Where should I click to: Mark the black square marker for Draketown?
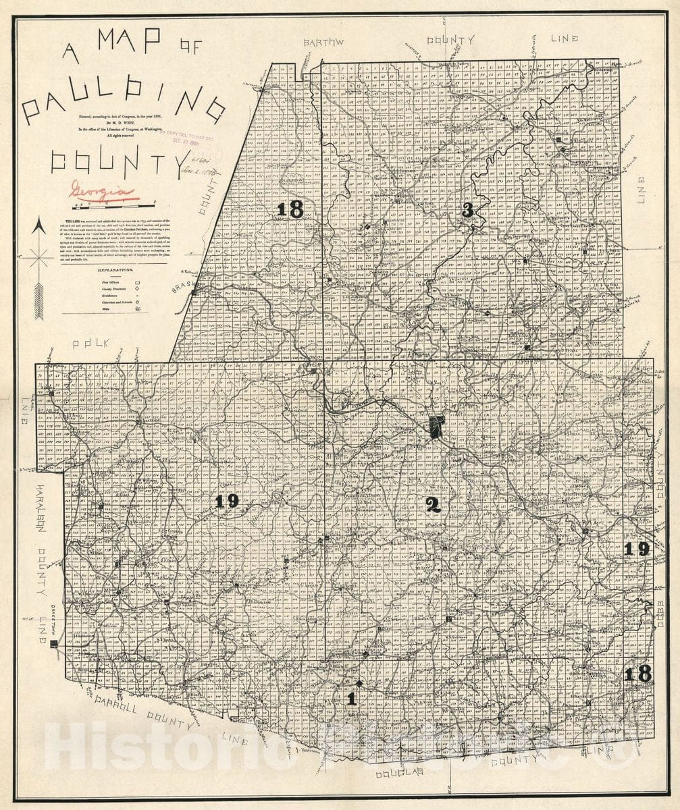pos(54,645)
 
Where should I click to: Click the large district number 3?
pos(467,211)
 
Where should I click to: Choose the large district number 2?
pos(433,504)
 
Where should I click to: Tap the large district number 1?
pos(350,699)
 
